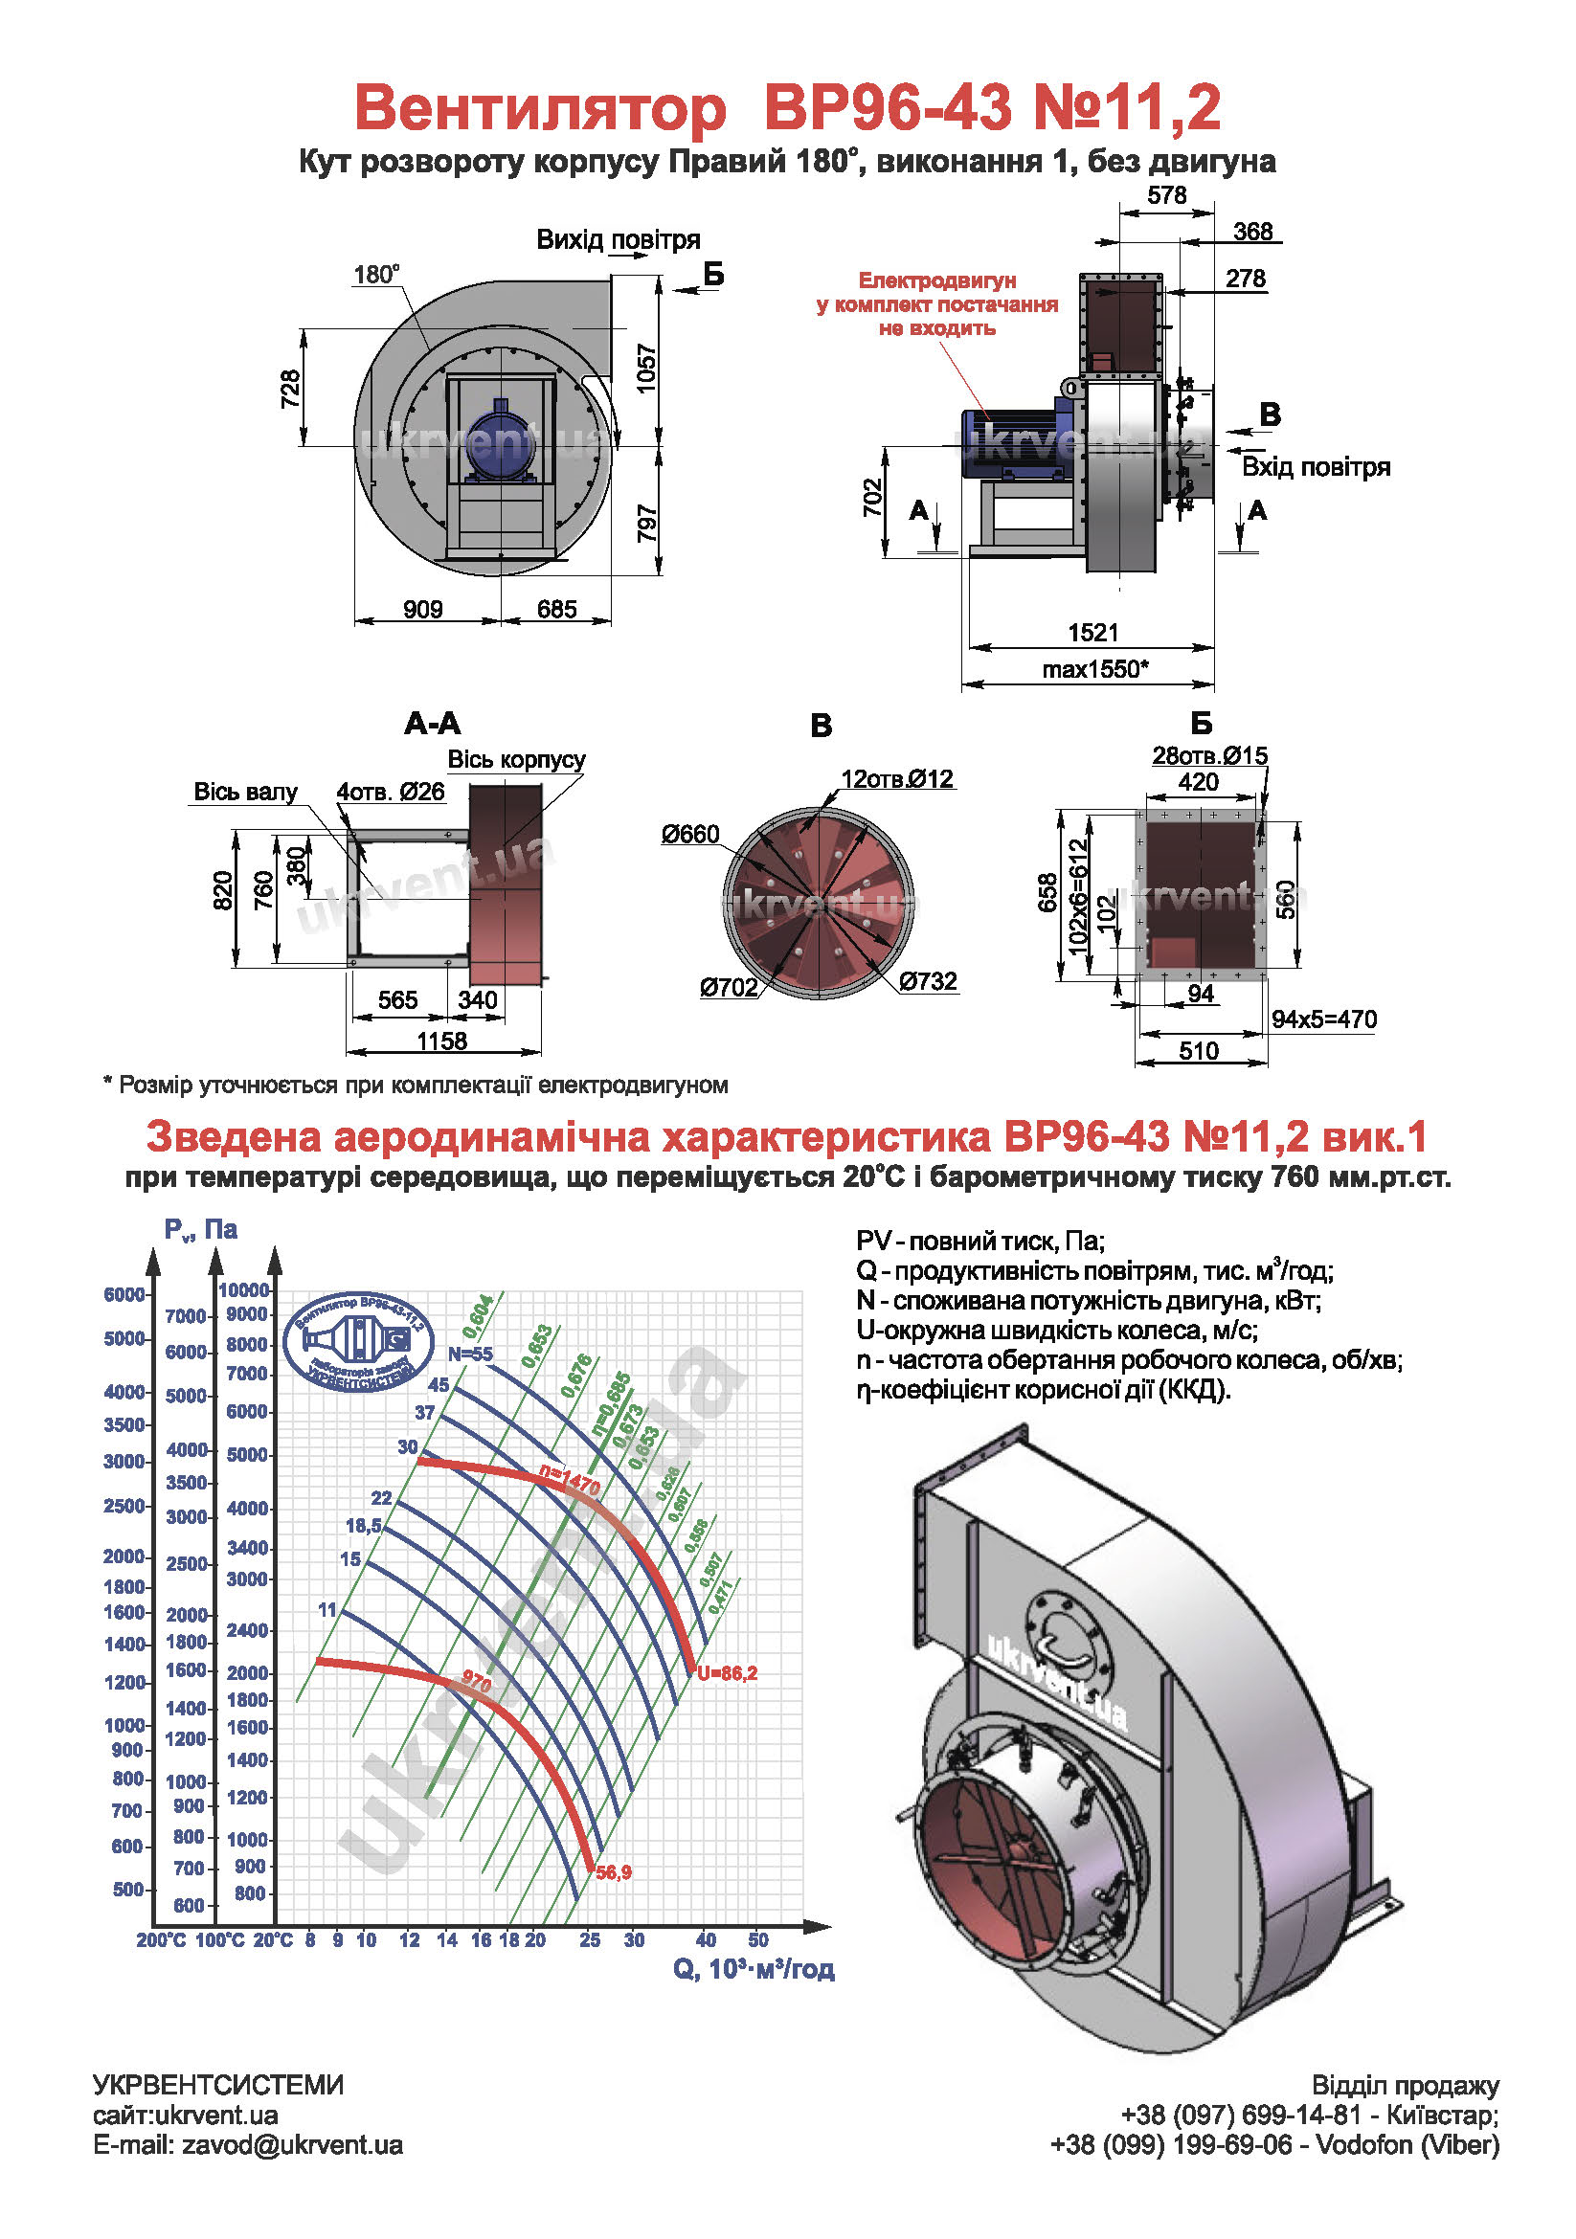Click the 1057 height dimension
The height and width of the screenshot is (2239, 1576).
646,369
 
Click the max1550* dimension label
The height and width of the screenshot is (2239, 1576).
1094,669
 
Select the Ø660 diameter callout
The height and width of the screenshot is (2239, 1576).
689,834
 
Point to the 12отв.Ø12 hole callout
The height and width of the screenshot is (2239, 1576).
897,778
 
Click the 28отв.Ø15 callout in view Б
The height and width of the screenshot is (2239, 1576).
1209,754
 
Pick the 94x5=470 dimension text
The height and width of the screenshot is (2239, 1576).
1323,1019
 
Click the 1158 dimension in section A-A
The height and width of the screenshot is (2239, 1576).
441,1041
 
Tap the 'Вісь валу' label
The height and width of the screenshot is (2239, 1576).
245,791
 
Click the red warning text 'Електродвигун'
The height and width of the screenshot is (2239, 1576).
937,280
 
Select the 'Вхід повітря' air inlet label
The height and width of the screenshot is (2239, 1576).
1316,467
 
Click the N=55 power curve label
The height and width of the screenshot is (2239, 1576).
470,1354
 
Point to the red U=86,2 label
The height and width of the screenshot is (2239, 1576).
727,1673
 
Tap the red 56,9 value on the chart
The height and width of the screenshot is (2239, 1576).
614,1872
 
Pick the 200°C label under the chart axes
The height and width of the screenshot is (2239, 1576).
161,1939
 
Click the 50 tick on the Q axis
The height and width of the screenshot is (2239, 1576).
757,1939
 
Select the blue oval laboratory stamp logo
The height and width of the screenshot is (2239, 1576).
359,1341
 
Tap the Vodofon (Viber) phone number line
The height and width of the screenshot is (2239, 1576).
1273,2144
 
